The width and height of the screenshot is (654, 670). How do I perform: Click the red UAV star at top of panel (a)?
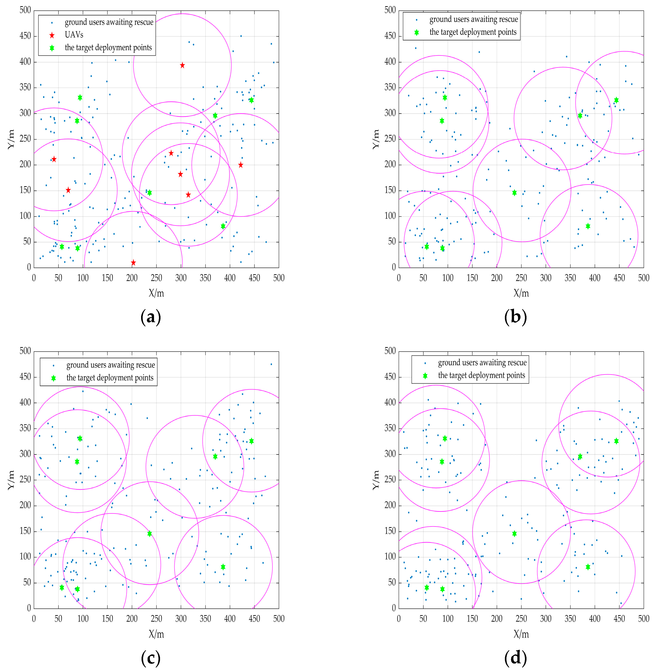[x=182, y=65]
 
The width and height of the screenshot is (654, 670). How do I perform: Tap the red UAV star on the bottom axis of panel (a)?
[x=133, y=263]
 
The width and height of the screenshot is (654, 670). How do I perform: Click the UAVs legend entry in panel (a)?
[x=74, y=35]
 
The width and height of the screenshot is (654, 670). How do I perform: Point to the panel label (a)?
[x=150, y=317]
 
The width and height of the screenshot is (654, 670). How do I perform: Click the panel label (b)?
[x=515, y=317]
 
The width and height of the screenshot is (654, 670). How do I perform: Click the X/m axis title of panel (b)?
[x=521, y=293]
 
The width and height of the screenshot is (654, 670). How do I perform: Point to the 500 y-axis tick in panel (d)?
[x=390, y=351]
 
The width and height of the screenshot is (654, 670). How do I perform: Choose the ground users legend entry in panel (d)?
[x=482, y=363]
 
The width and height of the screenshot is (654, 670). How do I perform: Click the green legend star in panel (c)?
[x=53, y=378]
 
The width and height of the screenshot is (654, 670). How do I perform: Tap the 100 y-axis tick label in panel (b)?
[x=390, y=216]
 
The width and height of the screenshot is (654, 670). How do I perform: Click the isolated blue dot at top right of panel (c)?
[x=271, y=364]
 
